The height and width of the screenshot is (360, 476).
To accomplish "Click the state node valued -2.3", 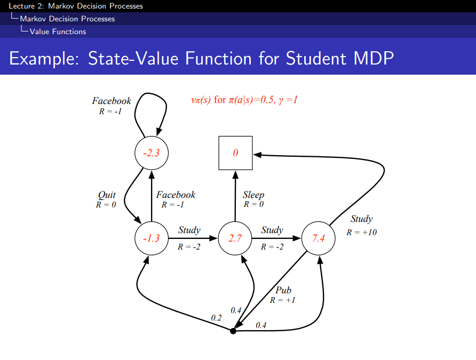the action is click(x=152, y=153).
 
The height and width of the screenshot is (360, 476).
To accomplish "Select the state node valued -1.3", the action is click(x=152, y=238).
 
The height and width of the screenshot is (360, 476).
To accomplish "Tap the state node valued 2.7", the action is click(x=235, y=238).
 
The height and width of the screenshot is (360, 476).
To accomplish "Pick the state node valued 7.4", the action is click(x=319, y=238).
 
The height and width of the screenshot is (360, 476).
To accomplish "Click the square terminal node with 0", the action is click(x=235, y=153).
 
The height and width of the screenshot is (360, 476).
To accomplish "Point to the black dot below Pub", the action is click(x=233, y=331).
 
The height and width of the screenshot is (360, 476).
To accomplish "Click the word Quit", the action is click(x=107, y=195).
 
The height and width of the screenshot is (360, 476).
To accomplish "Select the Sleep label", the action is click(x=253, y=195).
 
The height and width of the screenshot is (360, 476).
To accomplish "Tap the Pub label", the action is click(x=283, y=290).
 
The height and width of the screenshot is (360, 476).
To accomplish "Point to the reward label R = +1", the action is click(x=283, y=300).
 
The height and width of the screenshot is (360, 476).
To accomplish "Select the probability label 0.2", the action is click(x=216, y=317).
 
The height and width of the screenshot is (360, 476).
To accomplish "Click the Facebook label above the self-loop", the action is click(x=112, y=101).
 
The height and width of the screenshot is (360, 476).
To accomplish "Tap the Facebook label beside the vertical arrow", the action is click(x=176, y=195).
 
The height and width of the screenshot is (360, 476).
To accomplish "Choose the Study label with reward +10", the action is click(x=361, y=219).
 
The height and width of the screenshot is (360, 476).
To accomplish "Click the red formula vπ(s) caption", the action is click(x=243, y=100).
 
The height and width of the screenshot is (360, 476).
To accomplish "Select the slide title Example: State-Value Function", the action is click(x=201, y=58).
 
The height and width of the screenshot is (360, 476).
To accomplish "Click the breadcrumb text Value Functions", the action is click(x=58, y=31).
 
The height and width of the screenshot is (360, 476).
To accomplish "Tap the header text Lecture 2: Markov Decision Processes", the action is click(x=72, y=6).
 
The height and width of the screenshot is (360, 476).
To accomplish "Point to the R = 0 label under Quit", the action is click(x=106, y=205).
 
